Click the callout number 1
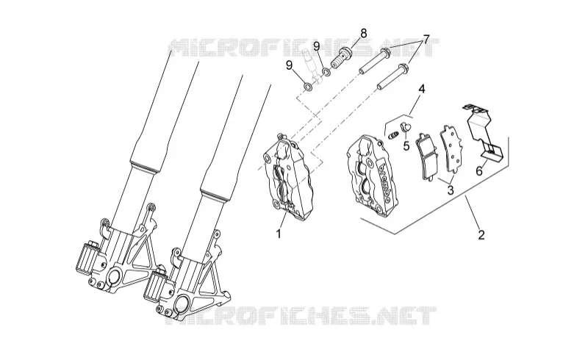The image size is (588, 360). point(279,234)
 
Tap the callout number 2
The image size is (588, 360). point(481,235)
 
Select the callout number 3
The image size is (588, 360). point(451,190)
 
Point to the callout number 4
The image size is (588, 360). point(422,89)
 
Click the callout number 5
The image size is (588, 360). point(406,145)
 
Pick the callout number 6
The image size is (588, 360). point(479,171)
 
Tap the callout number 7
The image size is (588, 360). point(426,39)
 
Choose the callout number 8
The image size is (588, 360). point(363,33)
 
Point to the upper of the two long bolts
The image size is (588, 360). point(376,61)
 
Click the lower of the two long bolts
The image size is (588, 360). point(392,78)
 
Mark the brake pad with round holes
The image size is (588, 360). point(449,149)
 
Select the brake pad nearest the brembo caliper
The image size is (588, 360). point(427,156)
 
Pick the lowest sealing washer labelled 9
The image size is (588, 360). point(308,87)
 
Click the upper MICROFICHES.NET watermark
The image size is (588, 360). point(303,48)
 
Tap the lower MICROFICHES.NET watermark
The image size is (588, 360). point(303,315)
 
